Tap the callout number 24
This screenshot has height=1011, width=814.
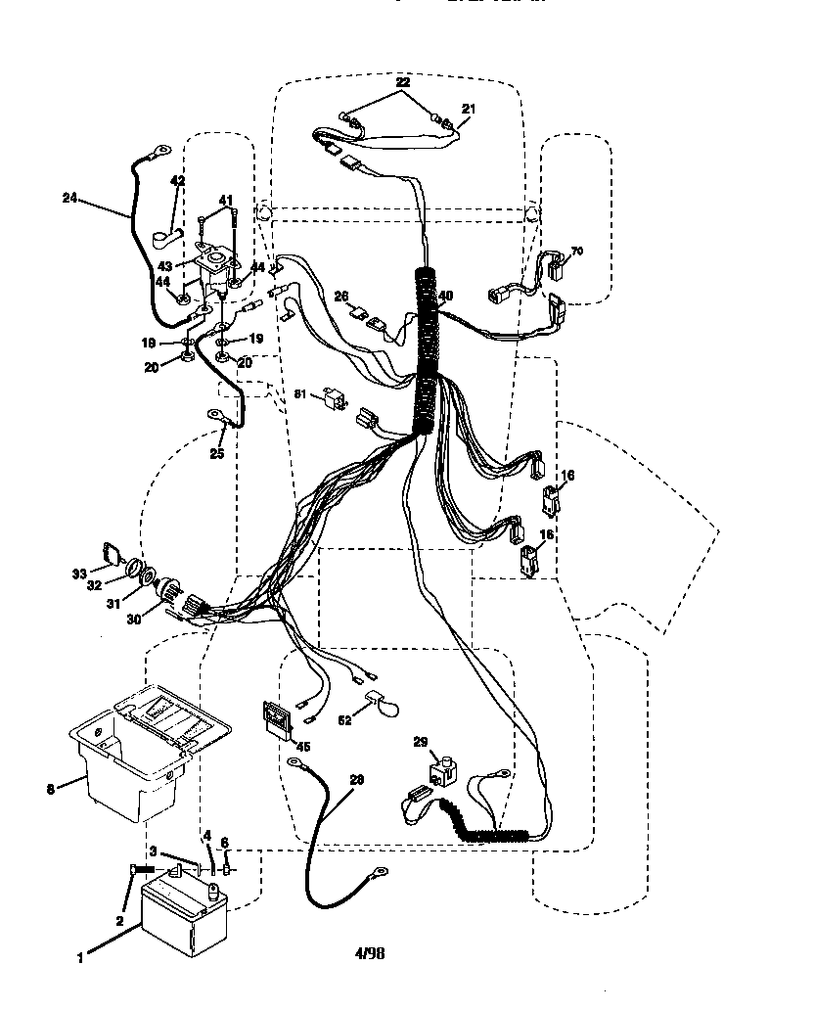(x=69, y=197)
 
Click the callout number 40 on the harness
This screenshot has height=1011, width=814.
(x=445, y=297)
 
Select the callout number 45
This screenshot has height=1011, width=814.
(x=304, y=747)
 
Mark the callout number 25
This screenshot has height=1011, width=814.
(x=216, y=453)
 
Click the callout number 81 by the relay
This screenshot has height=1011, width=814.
(x=300, y=393)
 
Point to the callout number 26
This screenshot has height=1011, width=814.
(x=341, y=297)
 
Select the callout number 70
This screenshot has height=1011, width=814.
(x=576, y=252)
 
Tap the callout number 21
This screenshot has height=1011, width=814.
(x=467, y=110)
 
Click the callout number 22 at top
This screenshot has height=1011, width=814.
(x=403, y=84)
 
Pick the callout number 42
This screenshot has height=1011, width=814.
(x=177, y=181)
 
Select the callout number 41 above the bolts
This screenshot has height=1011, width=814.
(x=226, y=201)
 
